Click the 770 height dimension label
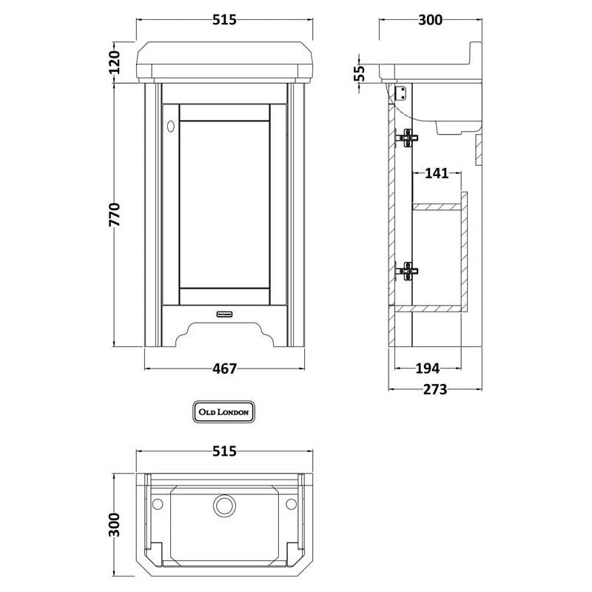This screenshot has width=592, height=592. pos(115,215)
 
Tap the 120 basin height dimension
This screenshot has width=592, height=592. pos(115,62)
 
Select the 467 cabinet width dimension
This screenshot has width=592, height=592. pos(225,369)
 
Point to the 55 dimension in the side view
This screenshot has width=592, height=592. pos(361,73)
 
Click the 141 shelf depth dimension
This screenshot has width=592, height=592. pos(437,173)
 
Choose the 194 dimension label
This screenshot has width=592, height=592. pos(428,368)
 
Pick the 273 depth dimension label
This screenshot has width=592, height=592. pos(435,389)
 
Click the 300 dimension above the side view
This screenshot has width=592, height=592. pos(431,20)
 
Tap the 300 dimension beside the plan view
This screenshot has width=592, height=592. pos(115,525)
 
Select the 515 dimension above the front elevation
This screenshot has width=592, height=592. pos(225,20)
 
